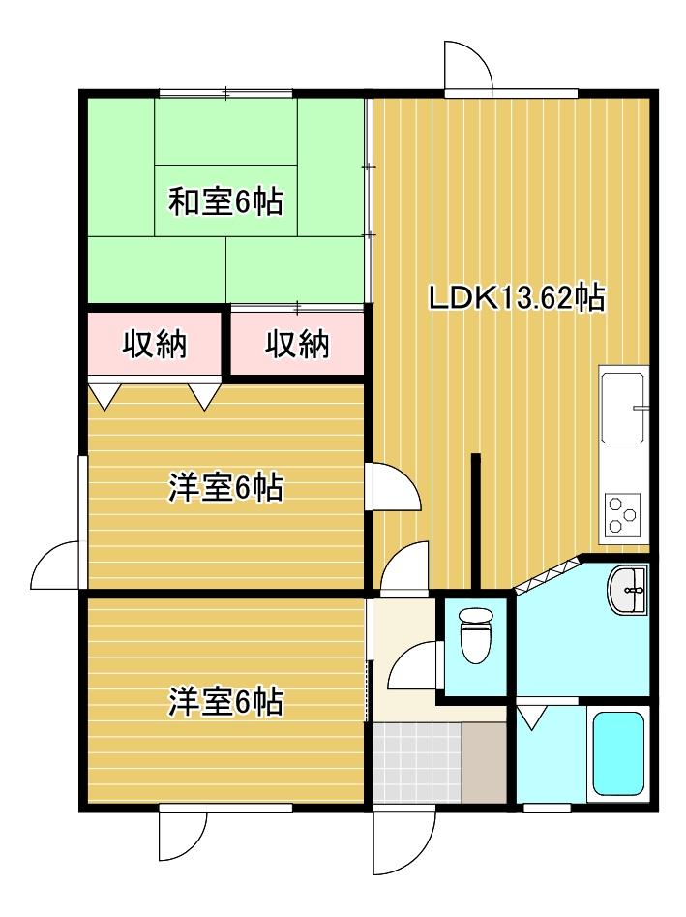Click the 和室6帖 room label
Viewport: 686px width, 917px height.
(225, 201)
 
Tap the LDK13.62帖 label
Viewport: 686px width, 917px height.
(517, 298)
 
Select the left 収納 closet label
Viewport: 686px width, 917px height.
(154, 344)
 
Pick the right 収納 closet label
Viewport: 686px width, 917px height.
(297, 344)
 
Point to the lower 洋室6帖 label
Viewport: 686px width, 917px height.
(225, 701)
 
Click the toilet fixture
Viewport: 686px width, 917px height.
(476, 635)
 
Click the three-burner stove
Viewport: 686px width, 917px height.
(622, 513)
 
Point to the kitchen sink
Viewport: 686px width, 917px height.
(623, 407)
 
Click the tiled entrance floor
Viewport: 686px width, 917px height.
(418, 763)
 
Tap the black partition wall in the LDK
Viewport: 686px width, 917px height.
(476, 521)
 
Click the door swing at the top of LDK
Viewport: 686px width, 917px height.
(467, 66)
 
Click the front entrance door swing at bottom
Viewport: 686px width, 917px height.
(404, 842)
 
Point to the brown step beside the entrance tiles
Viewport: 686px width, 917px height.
(485, 763)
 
